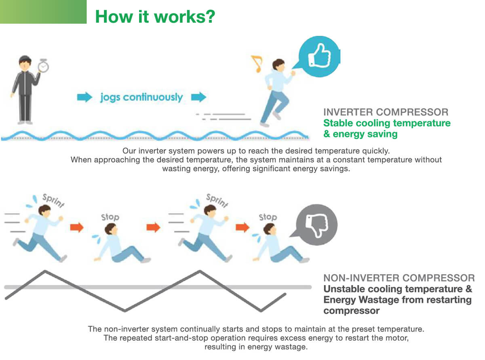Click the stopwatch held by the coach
pyautogui.click(x=43, y=66)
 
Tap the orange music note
pyautogui.click(x=257, y=63)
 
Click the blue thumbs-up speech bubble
pyautogui.click(x=316, y=57)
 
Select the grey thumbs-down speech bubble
pyautogui.click(x=314, y=224)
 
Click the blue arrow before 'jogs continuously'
pyautogui.click(x=84, y=97)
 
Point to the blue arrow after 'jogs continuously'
pyautogui.click(x=198, y=97)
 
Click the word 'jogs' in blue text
pyautogui.click(x=110, y=97)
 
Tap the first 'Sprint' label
pyautogui.click(x=53, y=200)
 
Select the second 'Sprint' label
pyautogui.click(x=217, y=200)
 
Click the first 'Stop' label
pyautogui.click(x=110, y=217)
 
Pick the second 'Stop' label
pyautogui.click(x=268, y=217)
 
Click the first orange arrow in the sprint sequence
pyautogui.click(x=77, y=227)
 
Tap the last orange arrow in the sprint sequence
pyautogui.click(x=242, y=227)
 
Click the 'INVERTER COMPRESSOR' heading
pyautogui.click(x=386, y=112)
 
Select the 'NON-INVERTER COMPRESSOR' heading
pyautogui.click(x=399, y=278)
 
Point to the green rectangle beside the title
pyautogui.click(x=43, y=12)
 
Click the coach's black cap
pyautogui.click(x=25, y=59)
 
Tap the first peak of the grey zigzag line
pyautogui.click(x=45, y=271)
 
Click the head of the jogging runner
pyautogui.click(x=278, y=65)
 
